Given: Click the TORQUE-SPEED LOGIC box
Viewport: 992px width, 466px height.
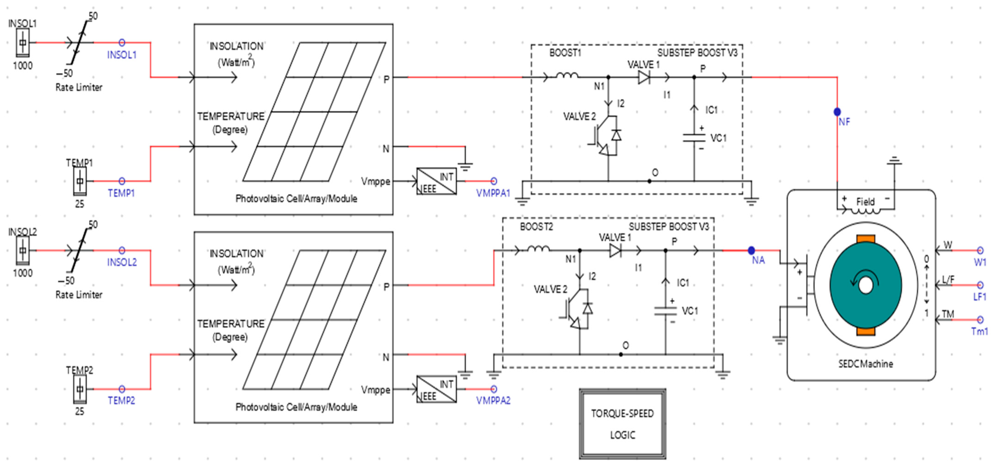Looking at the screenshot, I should [622, 424].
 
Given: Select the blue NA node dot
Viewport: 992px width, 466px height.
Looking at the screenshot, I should [751, 250].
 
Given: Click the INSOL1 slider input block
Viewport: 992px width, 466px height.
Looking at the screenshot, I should [23, 42].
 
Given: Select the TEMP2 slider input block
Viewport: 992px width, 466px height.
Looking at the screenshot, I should [80, 389].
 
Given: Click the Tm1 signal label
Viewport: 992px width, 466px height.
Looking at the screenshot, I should [979, 331].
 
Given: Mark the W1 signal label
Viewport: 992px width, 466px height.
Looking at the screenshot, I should [980, 262].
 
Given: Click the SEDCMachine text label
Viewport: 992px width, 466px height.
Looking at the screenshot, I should [865, 364].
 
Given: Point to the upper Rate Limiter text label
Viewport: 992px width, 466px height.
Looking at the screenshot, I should [79, 87].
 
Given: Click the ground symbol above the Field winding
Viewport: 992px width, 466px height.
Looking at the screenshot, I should [894, 161].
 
